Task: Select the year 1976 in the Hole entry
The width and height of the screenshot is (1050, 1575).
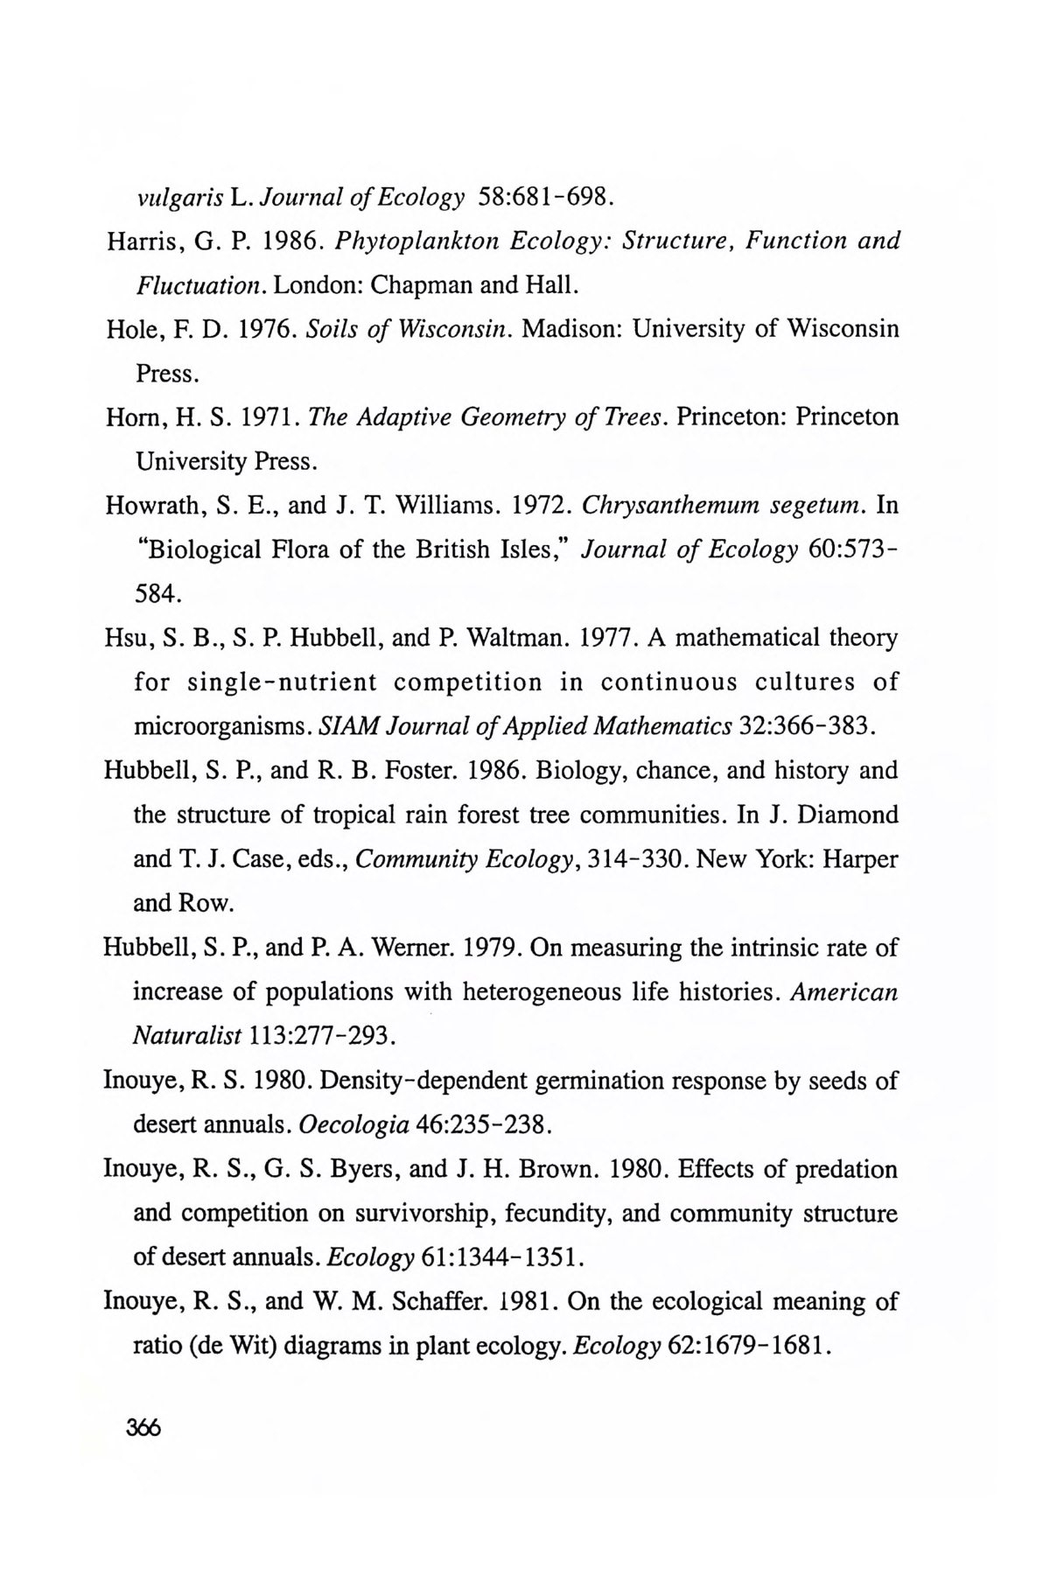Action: pos(254,329)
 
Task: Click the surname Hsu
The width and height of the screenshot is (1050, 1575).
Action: pos(126,638)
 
